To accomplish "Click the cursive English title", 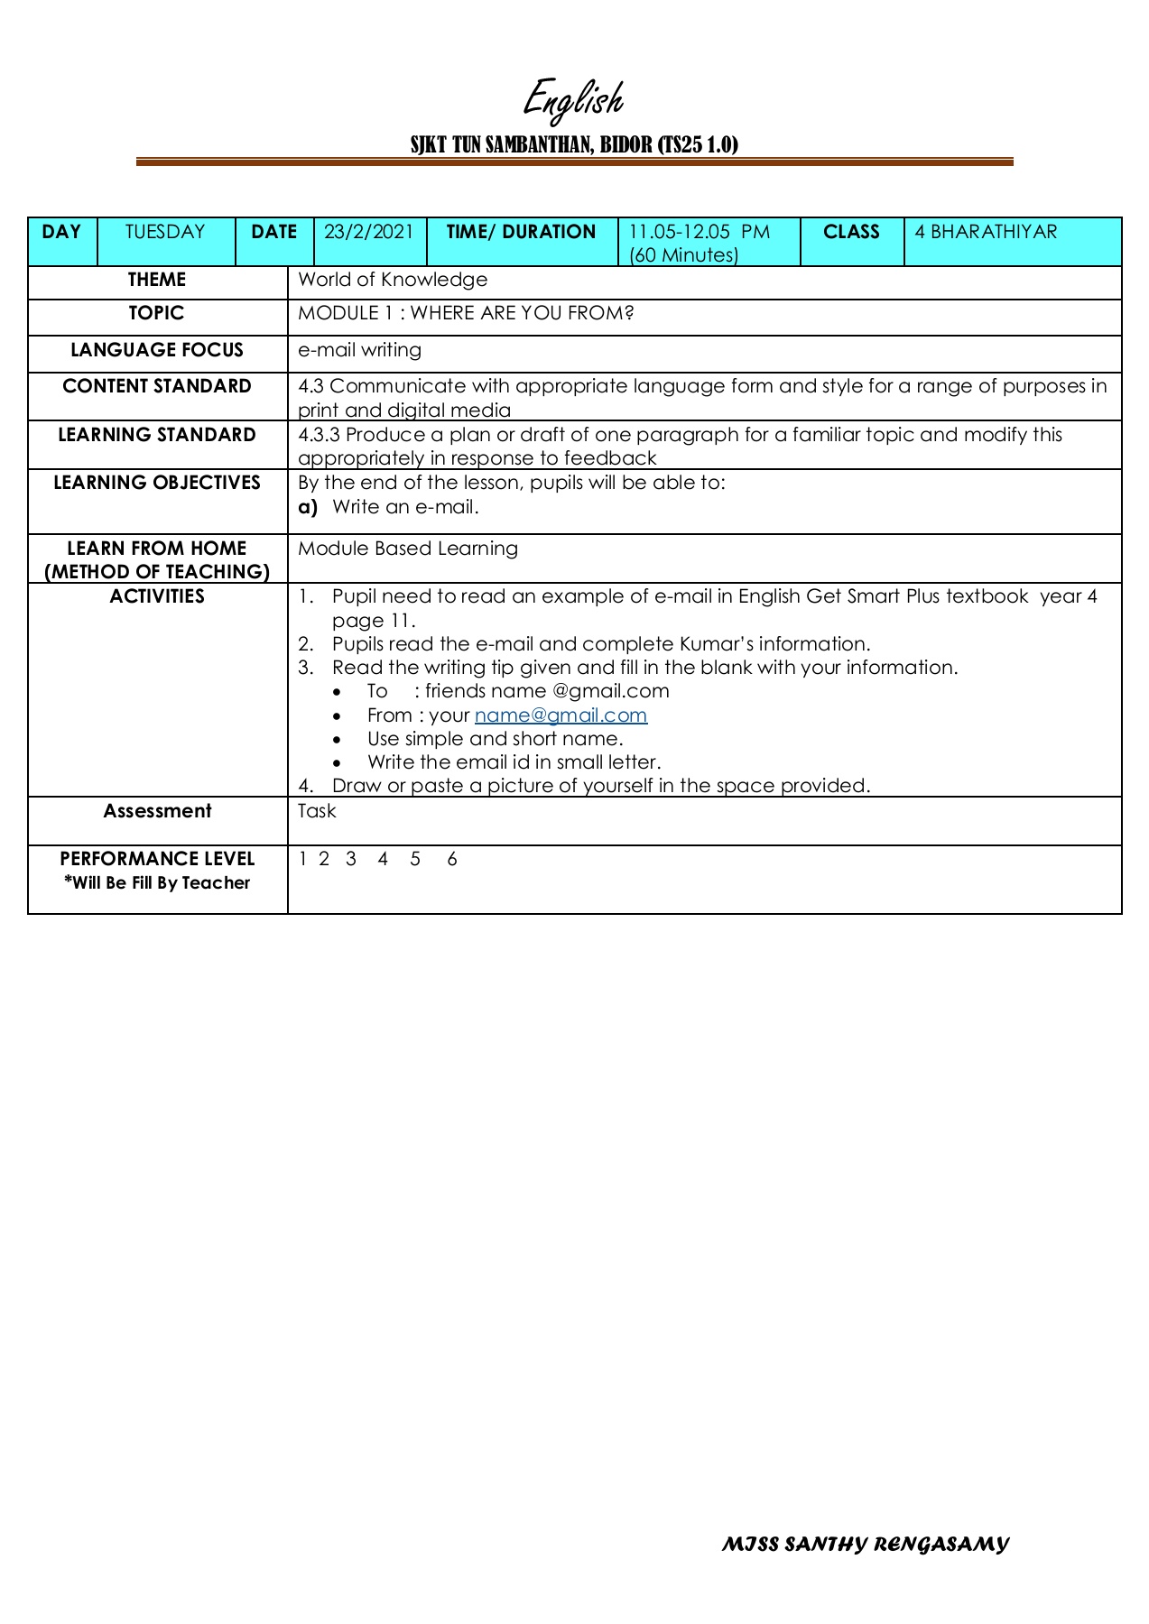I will tap(574, 99).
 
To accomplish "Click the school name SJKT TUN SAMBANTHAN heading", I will tap(574, 144).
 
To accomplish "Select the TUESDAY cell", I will tap(165, 232).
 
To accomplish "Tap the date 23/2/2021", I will tap(368, 232).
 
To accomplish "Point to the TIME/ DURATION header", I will tap(521, 232).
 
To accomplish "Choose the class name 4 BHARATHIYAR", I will tap(986, 232).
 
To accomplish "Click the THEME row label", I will tap(157, 280).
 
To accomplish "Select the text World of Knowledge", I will tap(393, 280).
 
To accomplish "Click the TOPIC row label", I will tap(156, 313).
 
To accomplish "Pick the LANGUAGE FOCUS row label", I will tap(157, 350).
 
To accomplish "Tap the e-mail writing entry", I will tap(359, 350).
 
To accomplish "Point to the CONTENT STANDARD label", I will tap(157, 386).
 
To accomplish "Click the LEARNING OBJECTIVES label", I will tap(157, 483).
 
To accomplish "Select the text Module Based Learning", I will tap(408, 549).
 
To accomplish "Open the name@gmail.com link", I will tap(561, 715).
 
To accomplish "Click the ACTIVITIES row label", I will tap(157, 596).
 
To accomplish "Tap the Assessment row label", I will tap(157, 811).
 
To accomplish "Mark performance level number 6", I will tap(452, 859).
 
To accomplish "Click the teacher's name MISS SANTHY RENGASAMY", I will tap(865, 1545).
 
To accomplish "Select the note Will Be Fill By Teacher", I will tap(157, 883).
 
